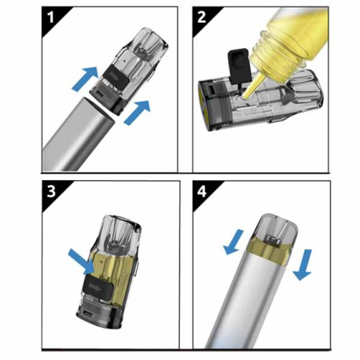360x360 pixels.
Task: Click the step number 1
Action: (50, 17)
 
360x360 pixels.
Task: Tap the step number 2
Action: (201, 17)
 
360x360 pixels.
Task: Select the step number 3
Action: (51, 192)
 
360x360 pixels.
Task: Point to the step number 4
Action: (202, 192)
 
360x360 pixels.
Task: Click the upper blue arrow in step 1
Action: (85, 78)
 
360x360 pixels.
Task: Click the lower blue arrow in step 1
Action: (138, 112)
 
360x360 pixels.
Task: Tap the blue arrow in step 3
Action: (82, 262)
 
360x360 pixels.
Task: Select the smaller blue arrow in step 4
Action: (233, 242)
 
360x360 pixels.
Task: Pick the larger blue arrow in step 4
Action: (303, 265)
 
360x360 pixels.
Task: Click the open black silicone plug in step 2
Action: (239, 64)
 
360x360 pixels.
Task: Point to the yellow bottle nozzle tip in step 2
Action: (245, 95)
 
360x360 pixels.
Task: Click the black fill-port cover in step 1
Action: (115, 75)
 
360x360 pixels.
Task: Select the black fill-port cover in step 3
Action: (98, 287)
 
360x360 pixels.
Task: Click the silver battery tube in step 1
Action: (79, 135)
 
